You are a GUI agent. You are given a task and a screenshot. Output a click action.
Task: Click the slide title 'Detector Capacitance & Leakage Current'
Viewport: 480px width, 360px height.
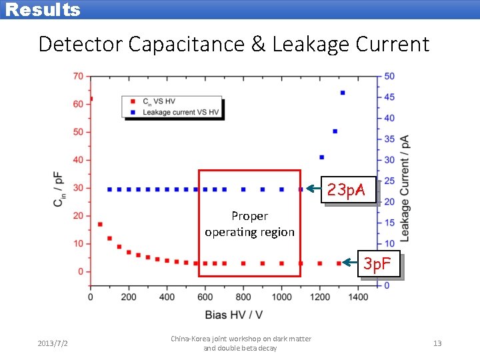pyautogui.click(x=234, y=44)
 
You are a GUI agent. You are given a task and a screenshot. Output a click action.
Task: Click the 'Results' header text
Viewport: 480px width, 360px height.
pyautogui.click(x=43, y=10)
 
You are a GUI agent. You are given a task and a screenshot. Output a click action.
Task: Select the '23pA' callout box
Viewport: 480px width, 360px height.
pyautogui.click(x=346, y=191)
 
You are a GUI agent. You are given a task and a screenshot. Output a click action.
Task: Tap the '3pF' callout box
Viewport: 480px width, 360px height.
pyautogui.click(x=379, y=264)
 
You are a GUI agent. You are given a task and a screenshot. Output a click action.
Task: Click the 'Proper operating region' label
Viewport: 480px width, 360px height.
pyautogui.click(x=249, y=224)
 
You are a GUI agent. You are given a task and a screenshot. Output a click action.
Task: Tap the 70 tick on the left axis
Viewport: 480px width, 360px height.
pyautogui.click(x=77, y=76)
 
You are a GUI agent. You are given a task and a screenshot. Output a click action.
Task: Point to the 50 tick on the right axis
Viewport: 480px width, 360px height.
pyautogui.click(x=389, y=76)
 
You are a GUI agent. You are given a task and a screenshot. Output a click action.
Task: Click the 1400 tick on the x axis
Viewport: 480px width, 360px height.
pyautogui.click(x=358, y=297)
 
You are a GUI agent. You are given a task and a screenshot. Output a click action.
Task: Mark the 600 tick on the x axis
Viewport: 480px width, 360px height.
pyautogui.click(x=205, y=297)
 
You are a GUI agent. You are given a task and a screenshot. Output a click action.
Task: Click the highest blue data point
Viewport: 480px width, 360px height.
pyautogui.click(x=343, y=93)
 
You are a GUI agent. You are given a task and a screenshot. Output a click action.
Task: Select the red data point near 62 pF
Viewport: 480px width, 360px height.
pyautogui.click(x=91, y=99)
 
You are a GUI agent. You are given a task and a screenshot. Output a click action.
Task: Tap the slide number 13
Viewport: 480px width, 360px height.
pyautogui.click(x=437, y=343)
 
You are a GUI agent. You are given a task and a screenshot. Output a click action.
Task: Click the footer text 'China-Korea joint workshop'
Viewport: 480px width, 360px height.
pyautogui.click(x=241, y=339)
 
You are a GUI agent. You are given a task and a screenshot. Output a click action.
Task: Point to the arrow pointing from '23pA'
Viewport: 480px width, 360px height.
pyautogui.click(x=314, y=189)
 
